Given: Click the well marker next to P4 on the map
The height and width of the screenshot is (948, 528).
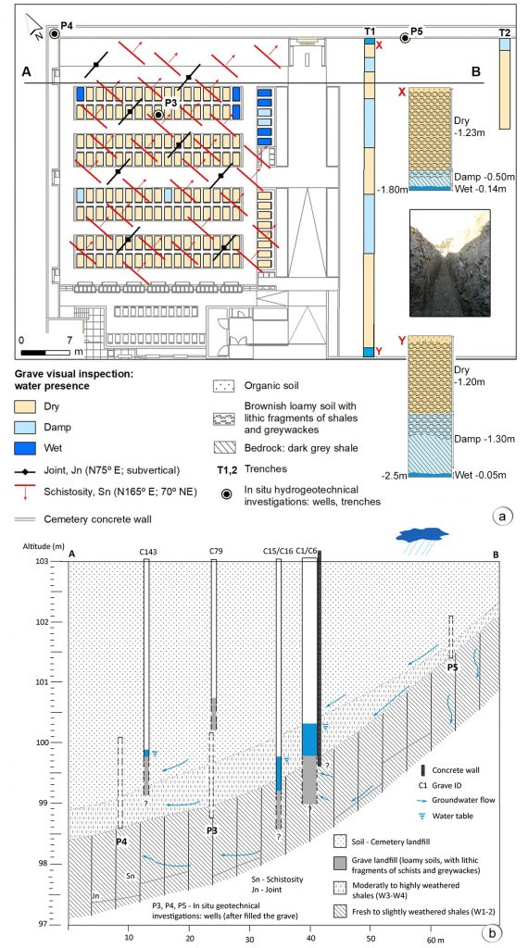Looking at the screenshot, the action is coord(55,34).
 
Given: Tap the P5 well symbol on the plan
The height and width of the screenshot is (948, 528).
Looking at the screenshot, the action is coord(405,38).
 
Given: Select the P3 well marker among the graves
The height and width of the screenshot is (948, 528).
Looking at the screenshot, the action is coord(158,114).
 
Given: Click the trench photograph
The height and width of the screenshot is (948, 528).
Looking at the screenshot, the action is coord(449,263).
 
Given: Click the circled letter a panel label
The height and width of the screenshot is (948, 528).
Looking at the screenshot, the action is coord(503,516).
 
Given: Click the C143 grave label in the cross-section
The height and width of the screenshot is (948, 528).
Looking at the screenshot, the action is coord(145,551).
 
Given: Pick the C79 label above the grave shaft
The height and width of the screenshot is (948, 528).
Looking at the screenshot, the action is coord(213,551).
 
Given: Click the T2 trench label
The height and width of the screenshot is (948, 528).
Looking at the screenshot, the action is coord(505,32).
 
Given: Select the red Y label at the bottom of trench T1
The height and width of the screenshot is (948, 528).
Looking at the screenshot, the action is coord(379,351).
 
